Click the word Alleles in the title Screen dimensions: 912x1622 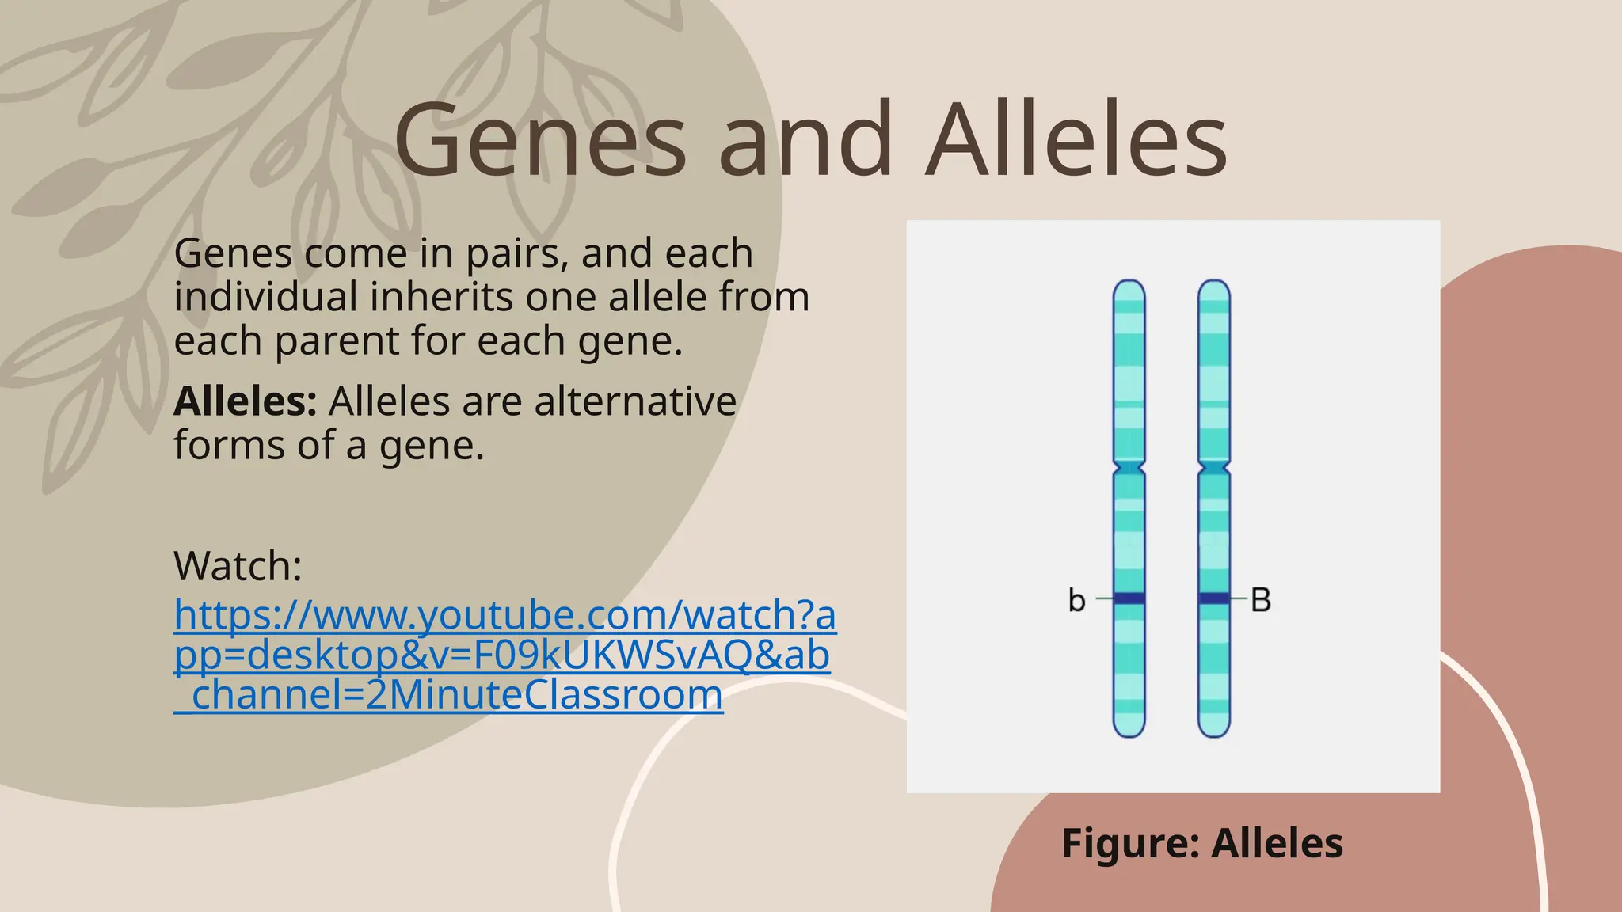coord(1076,141)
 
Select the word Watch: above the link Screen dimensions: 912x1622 coord(238,566)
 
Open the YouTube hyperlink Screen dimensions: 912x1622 coord(504,655)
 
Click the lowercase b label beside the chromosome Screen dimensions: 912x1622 coord(1076,600)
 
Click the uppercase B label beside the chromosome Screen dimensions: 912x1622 coord(1261,600)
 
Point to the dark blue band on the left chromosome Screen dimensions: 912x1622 coord(1129,598)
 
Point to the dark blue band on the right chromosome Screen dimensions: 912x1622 coord(1214,598)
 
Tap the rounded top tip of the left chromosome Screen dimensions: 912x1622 coord(1129,287)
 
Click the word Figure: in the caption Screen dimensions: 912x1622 coord(1131,843)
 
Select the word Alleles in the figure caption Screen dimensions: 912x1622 coord(1277,843)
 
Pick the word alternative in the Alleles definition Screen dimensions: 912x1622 coord(635,401)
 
